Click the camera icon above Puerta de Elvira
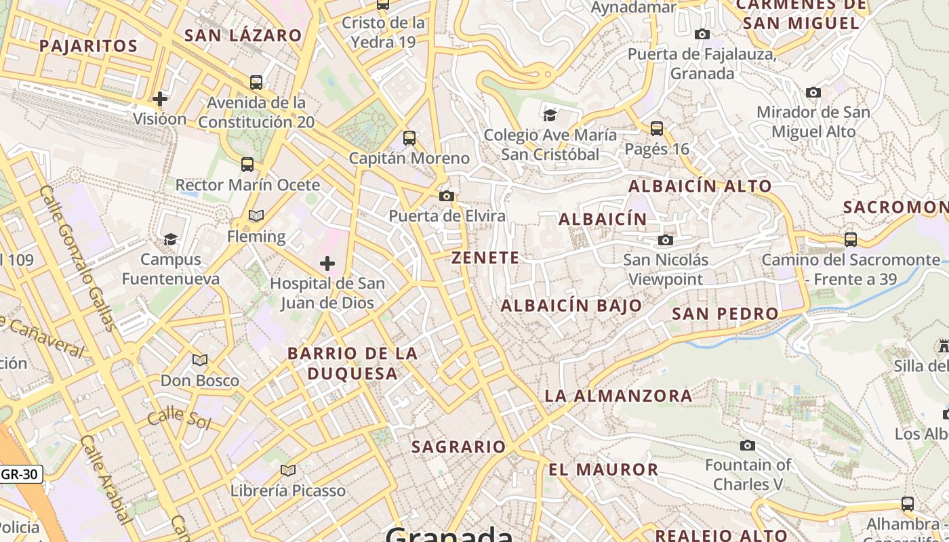[446, 196]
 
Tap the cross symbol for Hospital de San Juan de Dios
[327, 264]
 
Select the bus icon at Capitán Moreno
[409, 138]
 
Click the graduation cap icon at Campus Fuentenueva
[170, 239]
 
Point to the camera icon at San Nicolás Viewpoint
[666, 240]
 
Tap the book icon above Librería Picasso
[288, 470]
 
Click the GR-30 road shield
[20, 474]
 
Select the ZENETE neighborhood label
[485, 258]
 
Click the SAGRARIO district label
[458, 447]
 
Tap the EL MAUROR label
[603, 470]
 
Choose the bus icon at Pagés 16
[656, 128]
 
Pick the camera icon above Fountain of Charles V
[748, 445]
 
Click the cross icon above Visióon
[160, 100]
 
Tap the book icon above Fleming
[256, 216]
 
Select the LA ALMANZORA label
[618, 396]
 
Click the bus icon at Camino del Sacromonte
[850, 239]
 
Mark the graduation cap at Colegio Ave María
[550, 114]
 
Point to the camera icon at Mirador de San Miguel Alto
[813, 92]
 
